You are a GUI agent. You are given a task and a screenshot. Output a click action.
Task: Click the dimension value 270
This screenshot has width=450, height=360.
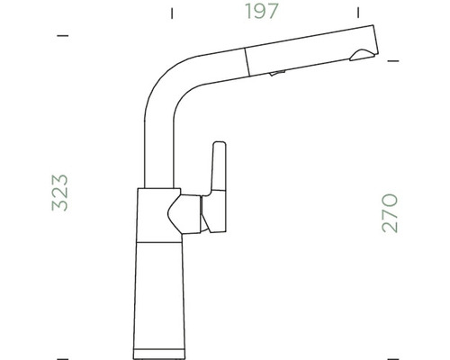(391, 213)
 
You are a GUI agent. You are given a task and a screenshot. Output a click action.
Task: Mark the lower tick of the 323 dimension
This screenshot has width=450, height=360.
(62, 350)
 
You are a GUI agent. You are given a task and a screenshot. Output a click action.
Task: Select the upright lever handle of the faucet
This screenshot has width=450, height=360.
(217, 171)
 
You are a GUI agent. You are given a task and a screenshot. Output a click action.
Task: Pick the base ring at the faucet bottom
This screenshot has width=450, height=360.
(162, 345)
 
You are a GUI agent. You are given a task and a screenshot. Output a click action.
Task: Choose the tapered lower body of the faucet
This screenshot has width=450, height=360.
(162, 288)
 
